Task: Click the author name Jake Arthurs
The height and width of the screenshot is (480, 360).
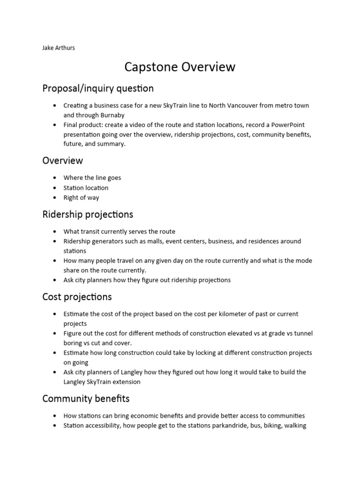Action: click(x=59, y=48)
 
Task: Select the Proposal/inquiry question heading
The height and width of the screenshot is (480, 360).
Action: click(x=98, y=88)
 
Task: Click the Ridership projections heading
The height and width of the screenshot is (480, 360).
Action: click(x=88, y=214)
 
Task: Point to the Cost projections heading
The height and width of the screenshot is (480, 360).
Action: click(x=77, y=297)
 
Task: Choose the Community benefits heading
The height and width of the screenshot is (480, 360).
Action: click(x=86, y=398)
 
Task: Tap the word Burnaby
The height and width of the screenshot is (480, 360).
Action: click(x=112, y=114)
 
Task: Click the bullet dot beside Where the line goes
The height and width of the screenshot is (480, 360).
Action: click(x=55, y=178)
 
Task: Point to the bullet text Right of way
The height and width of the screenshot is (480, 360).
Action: click(x=82, y=197)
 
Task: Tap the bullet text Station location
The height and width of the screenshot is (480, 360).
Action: click(x=86, y=188)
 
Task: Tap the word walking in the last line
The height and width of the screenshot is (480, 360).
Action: click(x=294, y=426)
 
